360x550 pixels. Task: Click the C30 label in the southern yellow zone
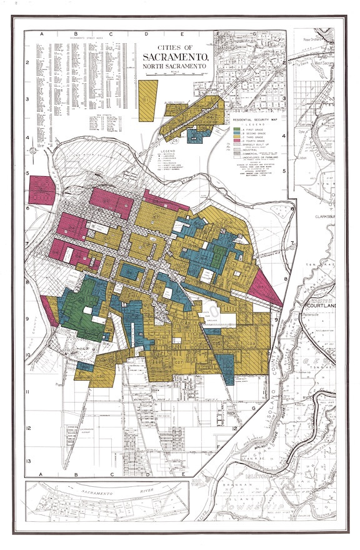(99, 375)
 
